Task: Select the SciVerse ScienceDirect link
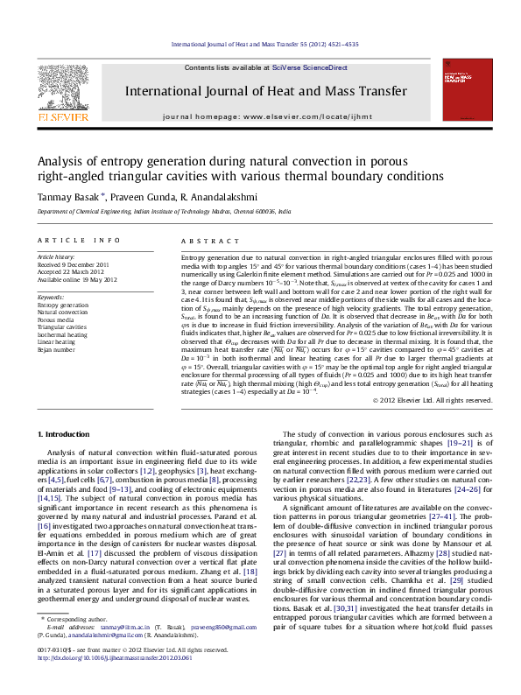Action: pos(309,67)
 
